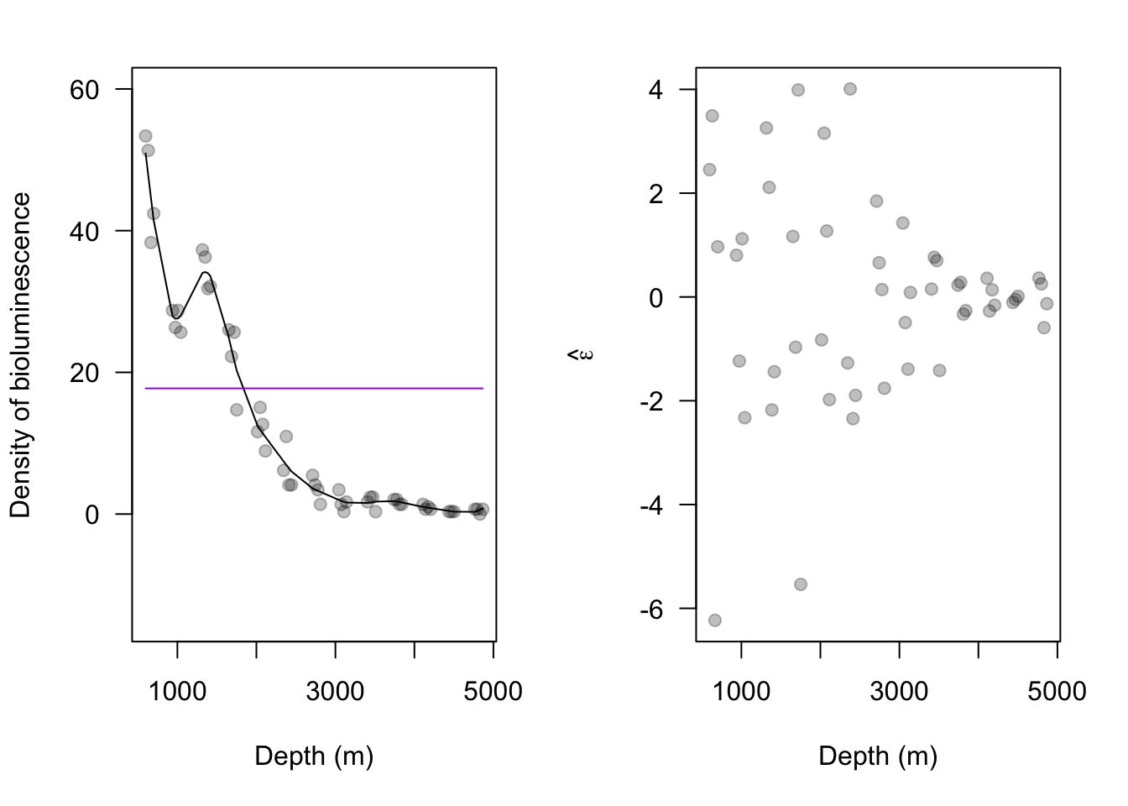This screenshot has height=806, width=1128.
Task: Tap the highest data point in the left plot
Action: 145,136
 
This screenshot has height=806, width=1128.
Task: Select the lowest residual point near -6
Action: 715,620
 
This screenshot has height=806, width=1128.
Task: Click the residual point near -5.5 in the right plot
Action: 801,584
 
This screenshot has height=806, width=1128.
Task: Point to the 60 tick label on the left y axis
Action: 85,90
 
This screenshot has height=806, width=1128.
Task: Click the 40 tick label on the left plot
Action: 85,231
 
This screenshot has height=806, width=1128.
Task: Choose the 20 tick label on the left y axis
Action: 85,372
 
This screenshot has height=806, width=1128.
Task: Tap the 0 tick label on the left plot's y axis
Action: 92,514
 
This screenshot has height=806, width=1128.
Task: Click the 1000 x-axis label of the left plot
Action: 177,691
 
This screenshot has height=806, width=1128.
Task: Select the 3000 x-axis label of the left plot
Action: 335,691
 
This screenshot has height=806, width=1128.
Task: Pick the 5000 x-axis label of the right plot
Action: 1057,691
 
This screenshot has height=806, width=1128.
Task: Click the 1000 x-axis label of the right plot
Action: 741,691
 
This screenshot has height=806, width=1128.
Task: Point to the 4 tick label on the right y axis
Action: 655,90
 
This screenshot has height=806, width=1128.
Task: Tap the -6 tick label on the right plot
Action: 650,609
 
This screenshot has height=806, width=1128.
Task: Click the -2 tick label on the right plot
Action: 650,401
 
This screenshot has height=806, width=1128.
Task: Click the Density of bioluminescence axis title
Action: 21,354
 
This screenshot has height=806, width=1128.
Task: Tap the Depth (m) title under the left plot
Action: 314,756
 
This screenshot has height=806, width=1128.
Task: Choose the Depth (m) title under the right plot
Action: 878,756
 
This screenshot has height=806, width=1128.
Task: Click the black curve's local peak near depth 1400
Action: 205,272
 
